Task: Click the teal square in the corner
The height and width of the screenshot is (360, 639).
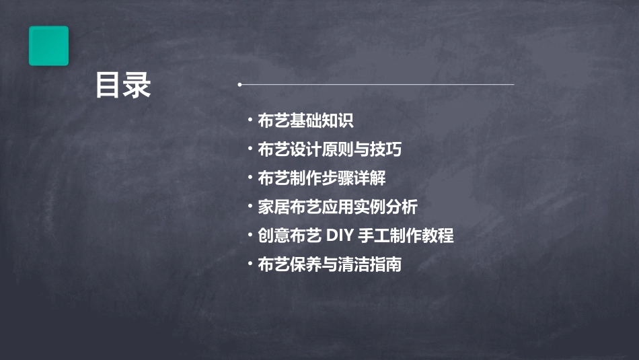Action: click(x=48, y=46)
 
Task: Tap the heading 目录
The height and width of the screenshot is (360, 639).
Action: click(x=122, y=85)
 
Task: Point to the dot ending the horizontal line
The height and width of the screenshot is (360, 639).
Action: click(x=239, y=85)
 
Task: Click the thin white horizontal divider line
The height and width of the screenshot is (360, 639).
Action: click(x=377, y=85)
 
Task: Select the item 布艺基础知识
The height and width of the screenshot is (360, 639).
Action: click(x=305, y=121)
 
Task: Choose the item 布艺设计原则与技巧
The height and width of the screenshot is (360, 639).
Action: click(x=330, y=149)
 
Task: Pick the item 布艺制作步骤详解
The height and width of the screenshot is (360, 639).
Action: click(x=322, y=178)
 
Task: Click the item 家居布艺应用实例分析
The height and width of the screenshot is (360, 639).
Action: click(x=338, y=207)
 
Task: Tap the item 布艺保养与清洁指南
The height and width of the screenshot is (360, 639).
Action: click(x=330, y=264)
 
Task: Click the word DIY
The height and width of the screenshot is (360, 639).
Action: click(x=341, y=236)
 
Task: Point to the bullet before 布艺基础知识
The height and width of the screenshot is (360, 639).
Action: click(x=250, y=121)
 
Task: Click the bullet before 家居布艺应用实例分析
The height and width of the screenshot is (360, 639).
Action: click(x=250, y=207)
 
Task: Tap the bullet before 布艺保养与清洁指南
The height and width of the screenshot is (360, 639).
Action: click(x=250, y=264)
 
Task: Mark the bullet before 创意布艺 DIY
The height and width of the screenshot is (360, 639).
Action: click(x=250, y=236)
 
